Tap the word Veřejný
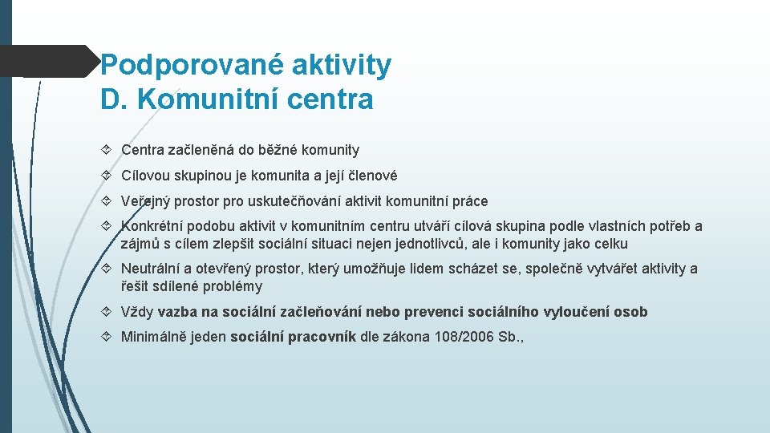click(147, 201)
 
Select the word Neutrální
click(152, 269)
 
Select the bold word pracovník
click(322, 338)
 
